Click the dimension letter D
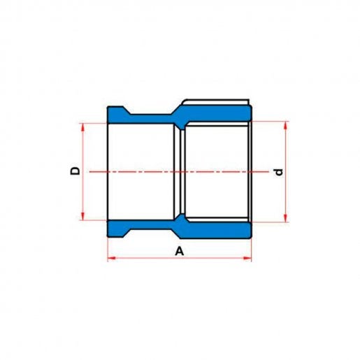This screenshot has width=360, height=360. [x=75, y=171]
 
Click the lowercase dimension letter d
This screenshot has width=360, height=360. [x=279, y=172]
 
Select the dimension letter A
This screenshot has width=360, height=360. [x=180, y=252]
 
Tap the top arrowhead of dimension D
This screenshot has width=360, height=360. [x=82, y=127]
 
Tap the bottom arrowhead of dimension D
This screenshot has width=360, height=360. [x=82, y=217]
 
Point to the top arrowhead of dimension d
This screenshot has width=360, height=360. [x=287, y=125]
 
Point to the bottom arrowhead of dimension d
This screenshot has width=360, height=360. [x=287, y=218]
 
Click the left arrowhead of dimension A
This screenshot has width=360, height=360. [x=112, y=258]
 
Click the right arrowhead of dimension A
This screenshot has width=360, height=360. [x=247, y=258]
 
